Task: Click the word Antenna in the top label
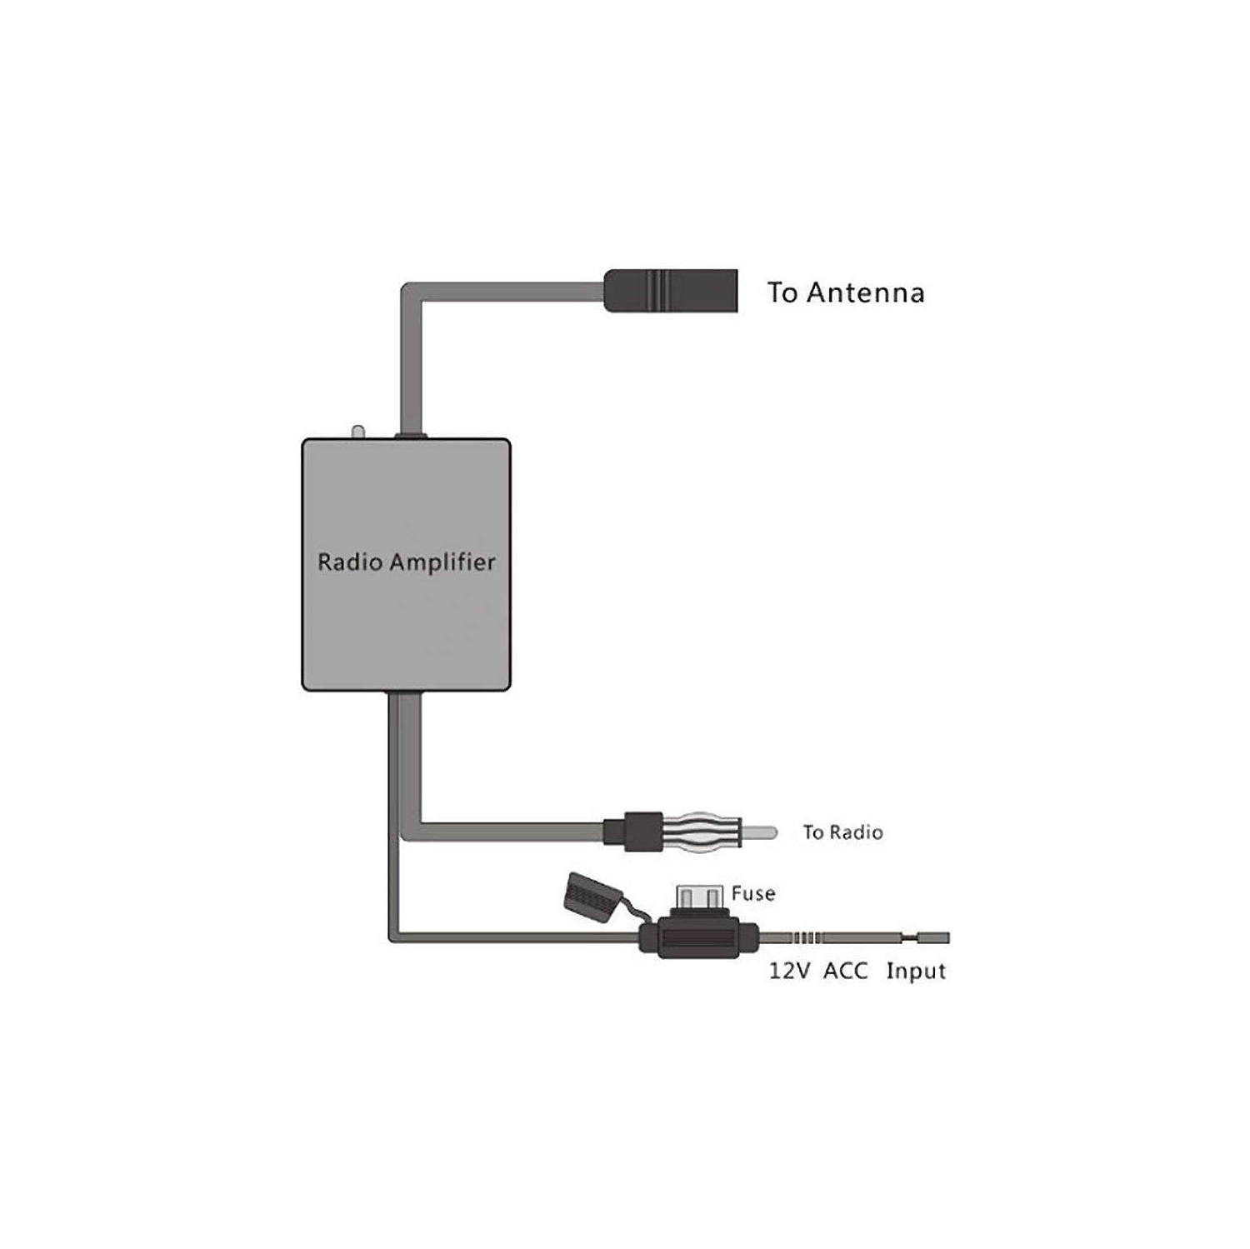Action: [865, 292]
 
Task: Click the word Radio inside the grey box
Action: [349, 562]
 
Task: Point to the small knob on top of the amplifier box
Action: [358, 432]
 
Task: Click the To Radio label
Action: [842, 832]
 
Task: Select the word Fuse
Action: [753, 894]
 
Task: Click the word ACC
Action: [846, 972]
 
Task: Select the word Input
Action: [916, 972]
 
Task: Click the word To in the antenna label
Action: [782, 292]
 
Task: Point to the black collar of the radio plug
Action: [643, 832]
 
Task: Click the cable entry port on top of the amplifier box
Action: [410, 435]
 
